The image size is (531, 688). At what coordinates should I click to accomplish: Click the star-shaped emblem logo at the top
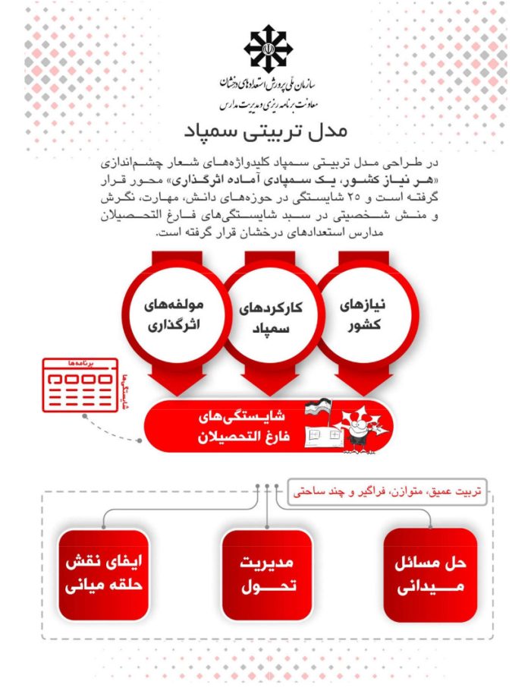click(266, 46)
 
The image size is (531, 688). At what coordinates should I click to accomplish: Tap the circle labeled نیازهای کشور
click(358, 314)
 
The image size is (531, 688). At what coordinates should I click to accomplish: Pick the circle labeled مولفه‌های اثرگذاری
click(176, 314)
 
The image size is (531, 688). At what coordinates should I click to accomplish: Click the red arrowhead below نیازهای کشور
click(357, 380)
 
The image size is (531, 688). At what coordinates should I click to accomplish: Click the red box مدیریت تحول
click(267, 576)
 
